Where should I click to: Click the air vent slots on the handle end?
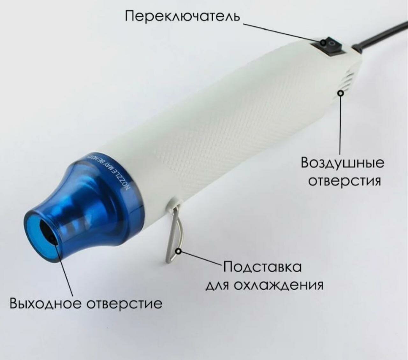point(349,80)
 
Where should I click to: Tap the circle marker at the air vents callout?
point(341,93)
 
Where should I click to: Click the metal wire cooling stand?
point(174,233)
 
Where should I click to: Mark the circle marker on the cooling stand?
point(179,252)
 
